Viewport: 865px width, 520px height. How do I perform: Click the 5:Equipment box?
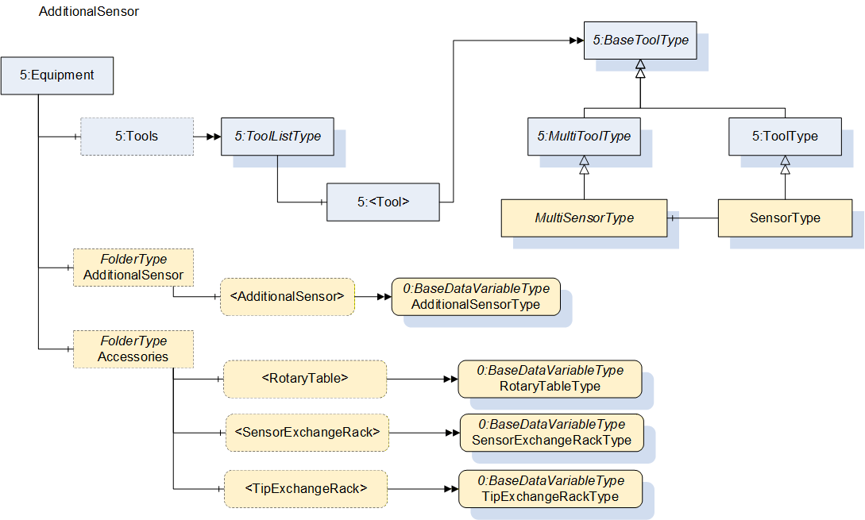(57, 75)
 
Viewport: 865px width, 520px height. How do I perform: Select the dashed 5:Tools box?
(137, 137)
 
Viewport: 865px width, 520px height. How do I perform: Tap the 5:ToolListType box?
(277, 137)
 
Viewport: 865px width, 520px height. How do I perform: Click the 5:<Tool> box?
(384, 202)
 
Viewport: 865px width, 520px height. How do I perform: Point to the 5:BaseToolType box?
(640, 40)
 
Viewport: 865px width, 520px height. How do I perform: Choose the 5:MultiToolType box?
(584, 137)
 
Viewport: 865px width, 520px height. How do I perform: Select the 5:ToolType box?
(785, 137)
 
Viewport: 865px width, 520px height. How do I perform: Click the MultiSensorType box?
(584, 218)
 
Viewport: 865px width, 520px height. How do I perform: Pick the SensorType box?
(785, 218)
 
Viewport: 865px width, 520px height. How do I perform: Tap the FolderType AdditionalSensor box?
(133, 268)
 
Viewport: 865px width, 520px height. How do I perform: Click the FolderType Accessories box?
(133, 349)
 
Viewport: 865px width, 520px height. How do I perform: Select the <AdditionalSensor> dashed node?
(288, 297)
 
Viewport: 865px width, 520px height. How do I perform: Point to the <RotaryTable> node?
(305, 379)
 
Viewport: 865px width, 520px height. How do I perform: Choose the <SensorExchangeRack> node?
(307, 433)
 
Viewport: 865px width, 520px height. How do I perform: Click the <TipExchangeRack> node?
(306, 489)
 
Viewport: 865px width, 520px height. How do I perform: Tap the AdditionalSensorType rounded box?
(476, 297)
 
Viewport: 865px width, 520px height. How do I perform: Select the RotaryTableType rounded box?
(550, 379)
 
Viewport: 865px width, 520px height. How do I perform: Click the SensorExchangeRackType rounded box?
(552, 433)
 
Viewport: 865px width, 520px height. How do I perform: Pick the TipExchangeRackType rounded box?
(550, 489)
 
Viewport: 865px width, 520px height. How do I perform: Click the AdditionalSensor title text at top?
(89, 12)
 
